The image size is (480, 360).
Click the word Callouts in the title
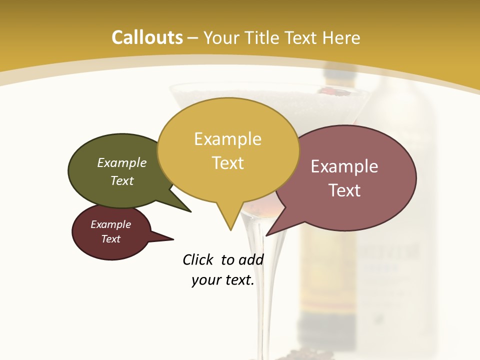(x=147, y=37)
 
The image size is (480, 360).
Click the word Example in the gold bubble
(x=227, y=139)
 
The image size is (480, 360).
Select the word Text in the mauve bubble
(x=344, y=190)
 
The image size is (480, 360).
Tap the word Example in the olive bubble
(x=122, y=163)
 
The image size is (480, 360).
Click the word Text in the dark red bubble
(x=111, y=239)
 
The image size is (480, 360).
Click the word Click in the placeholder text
(x=198, y=260)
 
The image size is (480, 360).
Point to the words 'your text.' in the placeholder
(x=223, y=280)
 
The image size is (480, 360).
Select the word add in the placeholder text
(x=250, y=260)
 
